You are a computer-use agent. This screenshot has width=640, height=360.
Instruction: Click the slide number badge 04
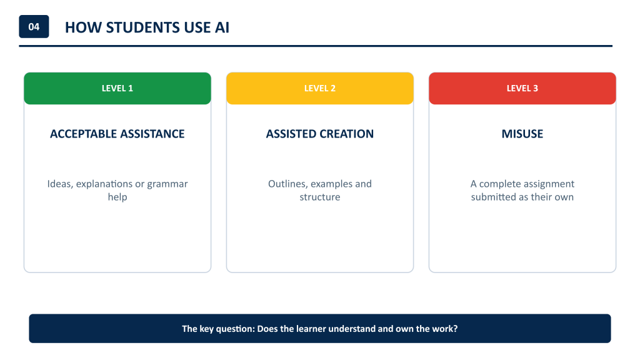(x=34, y=26)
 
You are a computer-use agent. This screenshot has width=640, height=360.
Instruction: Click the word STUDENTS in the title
(x=143, y=27)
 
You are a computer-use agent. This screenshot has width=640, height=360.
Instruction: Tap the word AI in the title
(x=222, y=27)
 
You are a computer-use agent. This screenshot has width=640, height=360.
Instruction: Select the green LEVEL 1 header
(x=117, y=88)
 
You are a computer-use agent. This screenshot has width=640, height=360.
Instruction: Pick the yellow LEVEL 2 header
(x=320, y=88)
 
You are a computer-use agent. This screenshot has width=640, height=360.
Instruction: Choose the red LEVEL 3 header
(x=522, y=88)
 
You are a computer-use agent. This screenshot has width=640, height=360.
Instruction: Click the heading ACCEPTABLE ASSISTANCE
(x=117, y=134)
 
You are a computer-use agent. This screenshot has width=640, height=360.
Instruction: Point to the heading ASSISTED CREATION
(x=320, y=134)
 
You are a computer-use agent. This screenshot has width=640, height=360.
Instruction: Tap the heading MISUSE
(x=522, y=134)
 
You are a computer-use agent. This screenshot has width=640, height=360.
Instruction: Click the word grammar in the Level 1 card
(x=167, y=184)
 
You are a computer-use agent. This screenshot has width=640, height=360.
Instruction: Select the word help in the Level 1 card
(x=117, y=197)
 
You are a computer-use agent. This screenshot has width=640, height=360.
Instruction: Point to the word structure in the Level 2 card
(x=320, y=197)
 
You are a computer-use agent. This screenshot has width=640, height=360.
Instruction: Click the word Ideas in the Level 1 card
(x=60, y=184)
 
